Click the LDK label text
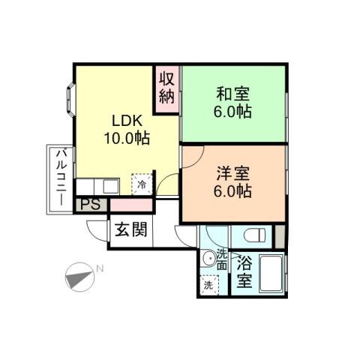(x=126, y=121)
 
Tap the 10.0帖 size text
(x=126, y=138)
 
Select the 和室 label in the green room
(x=233, y=94)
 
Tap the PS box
(x=90, y=204)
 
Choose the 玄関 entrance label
(x=130, y=229)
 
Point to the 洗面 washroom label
(x=222, y=259)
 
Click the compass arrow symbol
(x=78, y=278)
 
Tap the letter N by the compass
(x=100, y=268)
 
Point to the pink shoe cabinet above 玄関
(x=131, y=205)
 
